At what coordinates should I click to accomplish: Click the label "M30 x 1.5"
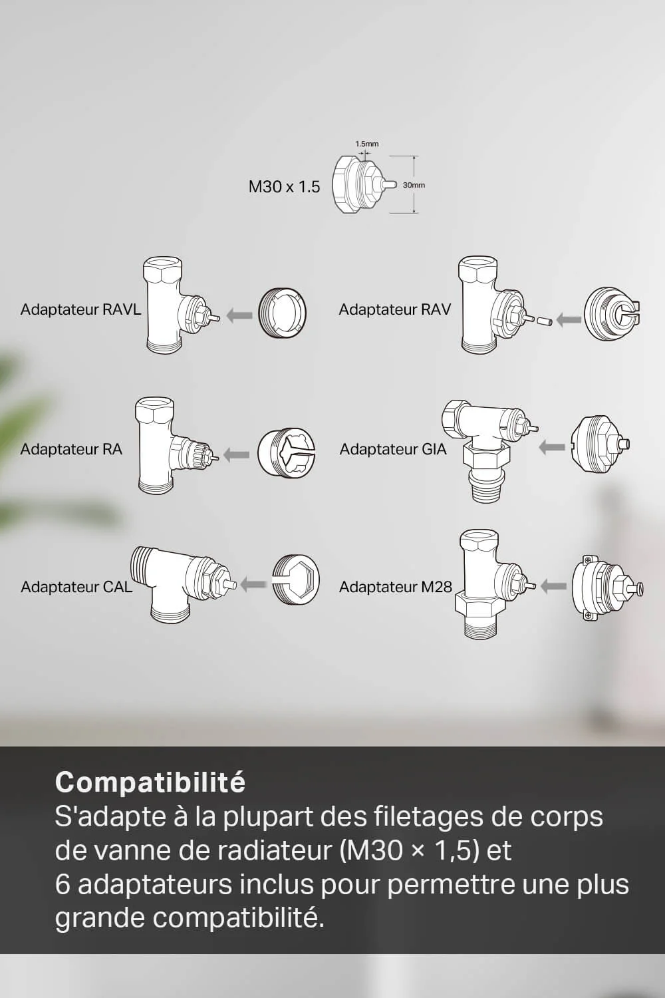pos(284,187)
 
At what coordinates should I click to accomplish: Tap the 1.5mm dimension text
pos(366,144)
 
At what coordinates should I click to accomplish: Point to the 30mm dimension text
pos(414,185)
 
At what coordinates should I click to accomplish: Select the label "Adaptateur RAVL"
pos(80,309)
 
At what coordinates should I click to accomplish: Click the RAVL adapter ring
pos(282,313)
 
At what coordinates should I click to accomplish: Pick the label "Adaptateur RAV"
pos(394,309)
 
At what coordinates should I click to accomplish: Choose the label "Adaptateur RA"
pos(71,449)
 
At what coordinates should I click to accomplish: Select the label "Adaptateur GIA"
pos(392,449)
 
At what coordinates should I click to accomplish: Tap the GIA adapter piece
pos(598,444)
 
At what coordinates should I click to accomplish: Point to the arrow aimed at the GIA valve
pos(551,447)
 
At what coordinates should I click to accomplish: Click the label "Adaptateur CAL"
pos(76,587)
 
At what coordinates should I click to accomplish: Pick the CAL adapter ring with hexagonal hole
pos(296,580)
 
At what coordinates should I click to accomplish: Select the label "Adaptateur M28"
pos(395,587)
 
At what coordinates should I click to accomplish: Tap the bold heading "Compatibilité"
pos(150,782)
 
